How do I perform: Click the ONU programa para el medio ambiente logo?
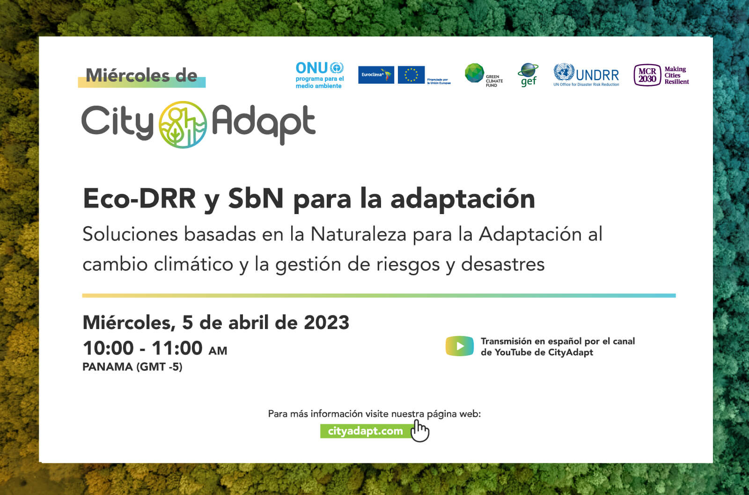point(320,75)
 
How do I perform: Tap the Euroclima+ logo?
point(376,75)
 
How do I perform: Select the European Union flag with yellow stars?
point(411,75)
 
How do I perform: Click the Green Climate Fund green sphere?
point(474,73)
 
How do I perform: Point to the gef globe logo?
point(528,75)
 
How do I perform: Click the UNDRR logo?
point(586,75)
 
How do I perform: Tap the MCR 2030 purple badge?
point(647,75)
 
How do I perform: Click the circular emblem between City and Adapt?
point(183,124)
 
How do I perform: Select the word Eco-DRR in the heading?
point(139,199)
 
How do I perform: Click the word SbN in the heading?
point(256,199)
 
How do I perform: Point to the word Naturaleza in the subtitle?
point(358,234)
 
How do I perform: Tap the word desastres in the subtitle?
point(503,265)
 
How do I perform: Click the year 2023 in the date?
point(326,323)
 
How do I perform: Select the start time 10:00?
point(108,348)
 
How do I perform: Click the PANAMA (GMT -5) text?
point(132,367)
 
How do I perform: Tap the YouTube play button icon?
point(459,346)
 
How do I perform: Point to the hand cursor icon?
point(419,431)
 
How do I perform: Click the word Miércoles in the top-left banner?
point(127,75)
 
